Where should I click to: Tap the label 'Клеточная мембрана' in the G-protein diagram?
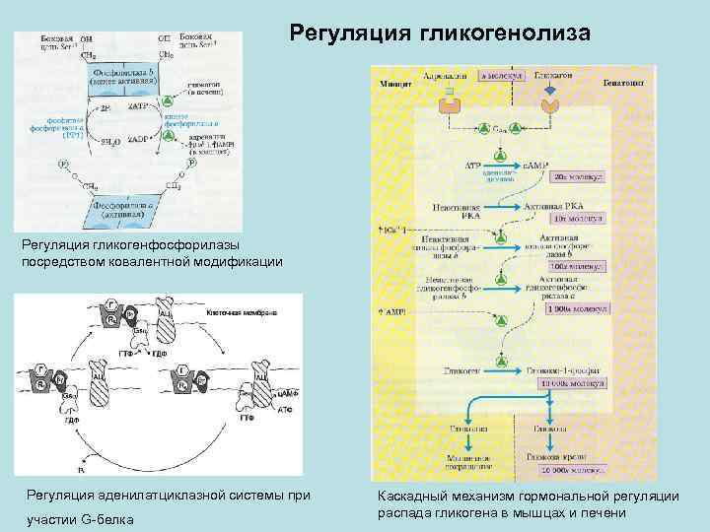[243, 311]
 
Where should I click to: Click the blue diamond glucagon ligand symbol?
[550, 90]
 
